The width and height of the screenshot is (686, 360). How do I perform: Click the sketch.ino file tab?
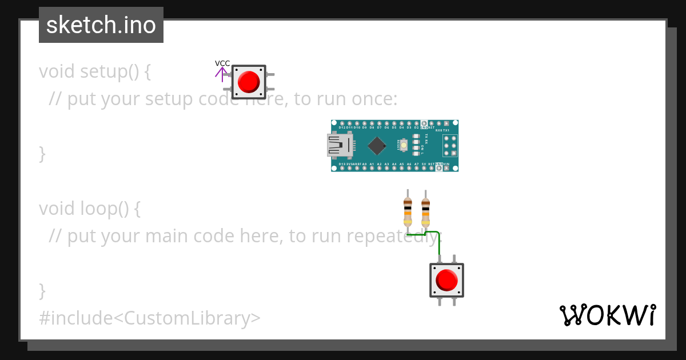(101, 25)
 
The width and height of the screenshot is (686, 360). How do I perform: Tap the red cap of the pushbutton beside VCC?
(249, 82)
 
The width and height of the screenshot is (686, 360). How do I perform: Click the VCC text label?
(222, 63)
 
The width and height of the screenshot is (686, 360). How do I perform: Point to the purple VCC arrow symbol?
(222, 74)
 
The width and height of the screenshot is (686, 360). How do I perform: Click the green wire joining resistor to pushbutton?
(438, 240)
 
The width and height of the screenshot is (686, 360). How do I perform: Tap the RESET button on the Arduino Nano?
(404, 146)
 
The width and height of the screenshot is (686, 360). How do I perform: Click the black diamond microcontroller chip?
(376, 146)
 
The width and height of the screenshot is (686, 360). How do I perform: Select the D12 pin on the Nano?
(342, 123)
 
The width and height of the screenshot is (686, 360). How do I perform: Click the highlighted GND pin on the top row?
(424, 123)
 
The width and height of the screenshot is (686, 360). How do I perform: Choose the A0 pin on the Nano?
(364, 168)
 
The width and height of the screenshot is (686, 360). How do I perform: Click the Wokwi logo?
(608, 315)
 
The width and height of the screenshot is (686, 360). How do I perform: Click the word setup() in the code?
(109, 72)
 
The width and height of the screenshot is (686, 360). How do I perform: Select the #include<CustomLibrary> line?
(150, 318)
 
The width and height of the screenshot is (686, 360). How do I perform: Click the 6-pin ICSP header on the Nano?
(449, 146)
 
